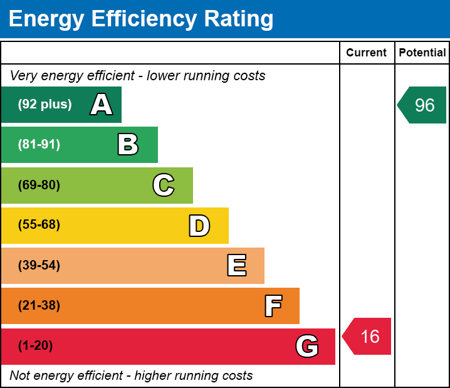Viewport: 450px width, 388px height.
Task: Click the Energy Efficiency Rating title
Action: pos(141,19)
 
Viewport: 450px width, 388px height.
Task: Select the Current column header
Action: pos(367,53)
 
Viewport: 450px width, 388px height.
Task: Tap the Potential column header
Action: pos(422,53)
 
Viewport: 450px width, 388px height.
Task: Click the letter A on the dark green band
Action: pos(102,105)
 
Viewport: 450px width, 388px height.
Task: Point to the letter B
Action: pos(128,145)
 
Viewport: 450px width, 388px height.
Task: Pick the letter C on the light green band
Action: pos(164,185)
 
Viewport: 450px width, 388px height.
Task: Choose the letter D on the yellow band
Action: pos(199,226)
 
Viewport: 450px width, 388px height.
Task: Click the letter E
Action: pos(236,266)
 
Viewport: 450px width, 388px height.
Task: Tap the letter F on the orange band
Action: pos(273,306)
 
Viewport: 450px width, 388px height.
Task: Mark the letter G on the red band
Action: pos(307,346)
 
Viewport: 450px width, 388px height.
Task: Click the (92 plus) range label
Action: pos(44,105)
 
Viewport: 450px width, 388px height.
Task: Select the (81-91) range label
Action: pos(39,145)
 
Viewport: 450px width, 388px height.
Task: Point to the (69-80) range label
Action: pos(39,185)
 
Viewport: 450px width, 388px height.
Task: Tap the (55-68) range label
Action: pos(39,225)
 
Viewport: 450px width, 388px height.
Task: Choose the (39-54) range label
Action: pos(39,266)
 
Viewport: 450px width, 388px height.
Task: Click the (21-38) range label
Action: pos(39,306)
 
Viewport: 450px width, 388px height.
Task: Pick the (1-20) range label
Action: pos(36,346)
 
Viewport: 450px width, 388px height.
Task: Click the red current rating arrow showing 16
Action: pos(368,337)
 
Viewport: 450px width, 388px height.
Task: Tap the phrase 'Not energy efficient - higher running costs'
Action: pos(131,376)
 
